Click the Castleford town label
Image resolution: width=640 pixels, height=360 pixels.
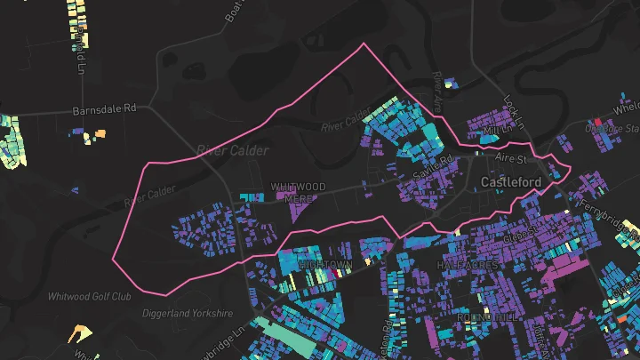click(x=511, y=182)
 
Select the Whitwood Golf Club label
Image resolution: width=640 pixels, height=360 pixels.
click(x=89, y=296)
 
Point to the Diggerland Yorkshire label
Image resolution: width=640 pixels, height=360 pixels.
click(x=188, y=313)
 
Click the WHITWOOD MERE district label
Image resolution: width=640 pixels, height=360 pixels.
click(x=298, y=192)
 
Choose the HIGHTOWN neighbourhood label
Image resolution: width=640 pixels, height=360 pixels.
click(x=325, y=266)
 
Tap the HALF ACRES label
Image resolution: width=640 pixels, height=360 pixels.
click(x=465, y=266)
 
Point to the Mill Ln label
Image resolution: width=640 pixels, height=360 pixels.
click(x=492, y=132)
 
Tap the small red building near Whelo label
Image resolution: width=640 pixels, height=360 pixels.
click(x=598, y=122)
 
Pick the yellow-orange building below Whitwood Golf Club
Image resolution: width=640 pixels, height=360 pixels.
click(x=80, y=334)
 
